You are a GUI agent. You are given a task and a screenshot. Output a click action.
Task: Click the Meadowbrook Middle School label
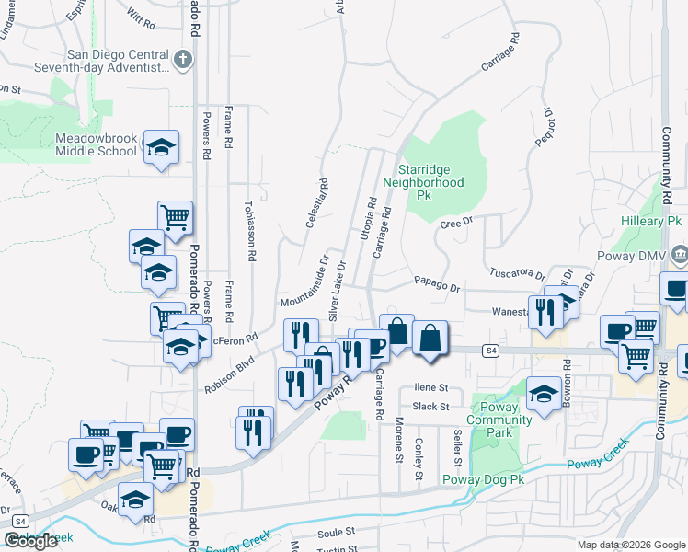click(96, 144)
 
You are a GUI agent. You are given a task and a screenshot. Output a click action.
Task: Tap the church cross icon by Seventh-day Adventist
click(182, 61)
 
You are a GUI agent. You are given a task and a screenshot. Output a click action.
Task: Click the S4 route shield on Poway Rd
click(491, 351)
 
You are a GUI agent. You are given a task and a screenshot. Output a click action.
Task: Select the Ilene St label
click(430, 388)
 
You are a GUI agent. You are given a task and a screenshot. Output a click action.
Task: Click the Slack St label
click(430, 406)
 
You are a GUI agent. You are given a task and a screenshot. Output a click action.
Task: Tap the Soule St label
click(336, 532)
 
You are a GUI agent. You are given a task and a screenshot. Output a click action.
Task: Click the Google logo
click(30, 541)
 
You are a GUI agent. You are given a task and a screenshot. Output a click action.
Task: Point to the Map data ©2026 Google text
click(630, 545)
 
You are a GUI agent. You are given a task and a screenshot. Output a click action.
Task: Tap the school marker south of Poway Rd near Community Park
click(544, 396)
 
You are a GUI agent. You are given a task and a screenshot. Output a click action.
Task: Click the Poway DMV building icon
click(680, 254)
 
